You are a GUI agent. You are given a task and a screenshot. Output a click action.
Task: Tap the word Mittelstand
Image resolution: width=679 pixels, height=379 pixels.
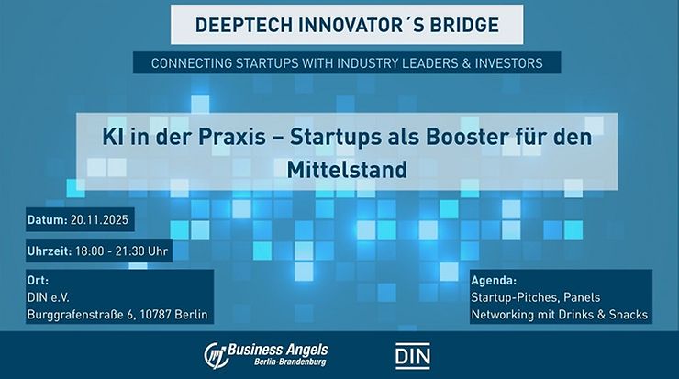339,169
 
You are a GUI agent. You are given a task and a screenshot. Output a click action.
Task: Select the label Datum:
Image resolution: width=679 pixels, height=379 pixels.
48,221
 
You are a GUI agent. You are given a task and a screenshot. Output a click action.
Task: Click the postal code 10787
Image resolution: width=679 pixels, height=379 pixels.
152,315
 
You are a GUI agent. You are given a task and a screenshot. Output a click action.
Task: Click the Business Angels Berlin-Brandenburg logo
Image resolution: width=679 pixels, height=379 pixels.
266,354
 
